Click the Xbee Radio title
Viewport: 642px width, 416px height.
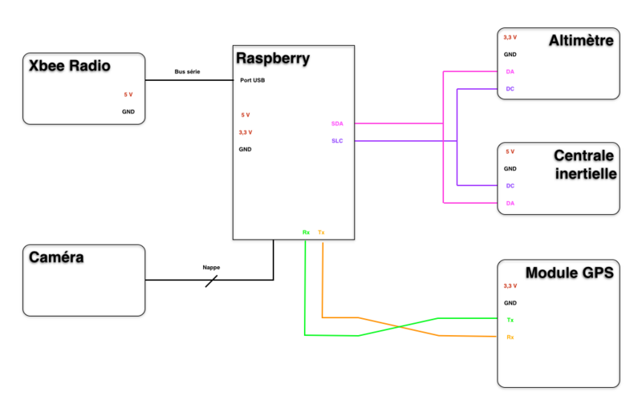[x=69, y=66]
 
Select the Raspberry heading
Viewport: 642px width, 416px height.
[x=273, y=59]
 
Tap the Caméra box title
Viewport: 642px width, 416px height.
[x=57, y=257]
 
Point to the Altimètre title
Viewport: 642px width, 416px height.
[x=581, y=40]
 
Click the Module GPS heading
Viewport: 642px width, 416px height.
[x=569, y=273]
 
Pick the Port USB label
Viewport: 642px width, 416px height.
[x=253, y=80]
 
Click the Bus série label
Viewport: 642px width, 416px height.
[x=187, y=72]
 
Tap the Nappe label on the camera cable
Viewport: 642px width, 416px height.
[x=211, y=268]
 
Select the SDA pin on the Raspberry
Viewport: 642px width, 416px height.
[x=336, y=123]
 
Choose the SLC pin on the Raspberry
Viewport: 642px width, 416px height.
[x=336, y=141]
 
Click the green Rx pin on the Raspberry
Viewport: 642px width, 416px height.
[x=306, y=232]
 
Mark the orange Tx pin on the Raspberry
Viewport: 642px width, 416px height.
[x=322, y=232]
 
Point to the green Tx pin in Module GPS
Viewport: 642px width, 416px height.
[x=510, y=320]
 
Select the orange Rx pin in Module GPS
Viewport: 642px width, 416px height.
[x=510, y=337]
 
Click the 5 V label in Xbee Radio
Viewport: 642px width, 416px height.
[x=128, y=95]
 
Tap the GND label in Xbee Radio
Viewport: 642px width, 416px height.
[x=128, y=111]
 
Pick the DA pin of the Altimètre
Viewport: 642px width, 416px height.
[x=510, y=71]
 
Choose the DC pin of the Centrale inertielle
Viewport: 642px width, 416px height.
[x=510, y=186]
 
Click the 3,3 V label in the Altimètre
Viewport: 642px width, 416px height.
[x=510, y=38]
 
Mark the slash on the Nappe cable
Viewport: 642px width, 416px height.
[x=211, y=281]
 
